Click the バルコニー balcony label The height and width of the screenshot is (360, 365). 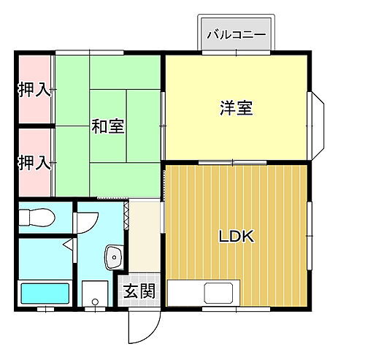(x=235, y=34)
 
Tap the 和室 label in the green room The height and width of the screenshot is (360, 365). (x=107, y=126)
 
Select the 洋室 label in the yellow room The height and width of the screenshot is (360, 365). (x=236, y=107)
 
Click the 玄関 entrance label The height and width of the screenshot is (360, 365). (x=139, y=291)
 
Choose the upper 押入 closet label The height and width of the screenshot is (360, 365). (x=34, y=91)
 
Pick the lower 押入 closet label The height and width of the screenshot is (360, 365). (x=34, y=161)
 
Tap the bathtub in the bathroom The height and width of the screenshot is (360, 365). (x=45, y=295)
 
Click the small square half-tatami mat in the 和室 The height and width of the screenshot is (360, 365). (x=143, y=107)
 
